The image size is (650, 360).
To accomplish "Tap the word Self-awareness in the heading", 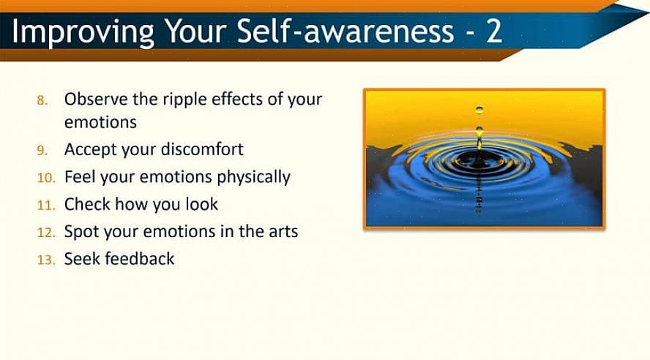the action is [x=345, y=30].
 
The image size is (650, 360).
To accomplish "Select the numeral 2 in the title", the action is [x=493, y=31].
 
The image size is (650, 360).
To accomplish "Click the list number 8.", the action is [x=42, y=100].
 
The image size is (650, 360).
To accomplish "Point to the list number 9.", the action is [x=42, y=151].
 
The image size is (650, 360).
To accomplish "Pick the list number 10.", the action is [x=46, y=178].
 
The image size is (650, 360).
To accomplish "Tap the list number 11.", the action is [x=46, y=205].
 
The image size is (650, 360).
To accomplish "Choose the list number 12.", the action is [x=46, y=233].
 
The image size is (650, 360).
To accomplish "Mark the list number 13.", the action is [x=46, y=260].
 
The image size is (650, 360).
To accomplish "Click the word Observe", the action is [x=96, y=100].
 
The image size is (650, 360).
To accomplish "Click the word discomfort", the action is [x=202, y=149].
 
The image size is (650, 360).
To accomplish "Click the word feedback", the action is [x=140, y=259].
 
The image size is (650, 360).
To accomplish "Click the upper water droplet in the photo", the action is [x=479, y=110].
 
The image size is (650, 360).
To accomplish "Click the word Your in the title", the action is [x=195, y=31].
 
